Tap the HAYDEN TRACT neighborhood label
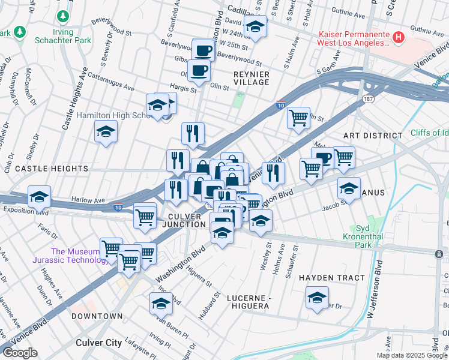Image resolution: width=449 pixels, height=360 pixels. (332, 278)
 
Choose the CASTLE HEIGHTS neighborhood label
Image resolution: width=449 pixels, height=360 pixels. (52, 169)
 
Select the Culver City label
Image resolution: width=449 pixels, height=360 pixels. (99, 343)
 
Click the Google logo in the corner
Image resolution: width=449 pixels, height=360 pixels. (20, 353)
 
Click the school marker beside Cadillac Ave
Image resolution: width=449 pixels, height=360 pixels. (255, 28)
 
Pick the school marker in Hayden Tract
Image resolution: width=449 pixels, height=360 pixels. (317, 298)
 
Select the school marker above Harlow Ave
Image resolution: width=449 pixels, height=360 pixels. (39, 197)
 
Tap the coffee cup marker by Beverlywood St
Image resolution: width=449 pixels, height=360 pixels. (203, 50)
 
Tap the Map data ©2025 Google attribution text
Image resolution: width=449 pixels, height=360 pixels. (412, 355)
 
